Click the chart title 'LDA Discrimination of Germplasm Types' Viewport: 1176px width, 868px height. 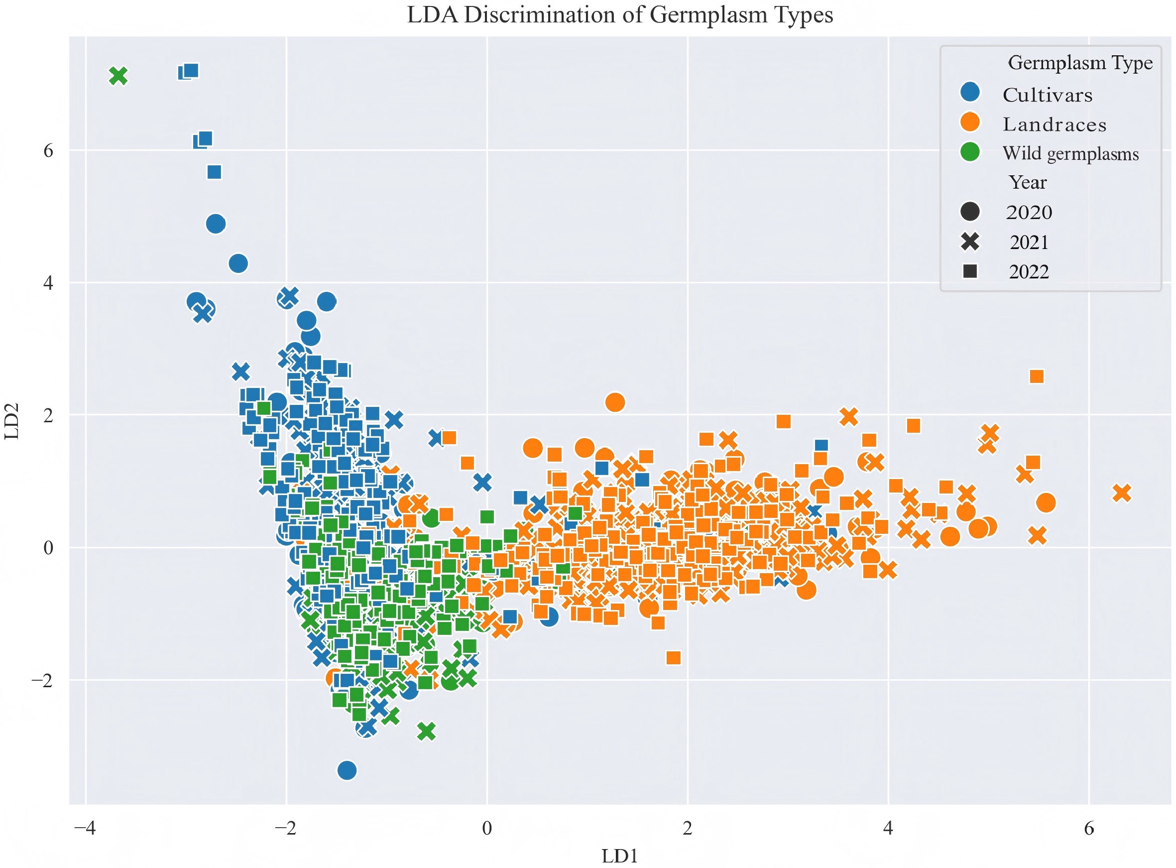pyautogui.click(x=620, y=15)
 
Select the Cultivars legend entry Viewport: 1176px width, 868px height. pyautogui.click(x=1047, y=95)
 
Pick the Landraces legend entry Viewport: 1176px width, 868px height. pyautogui.click(x=1054, y=124)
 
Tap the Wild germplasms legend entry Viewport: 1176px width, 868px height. pyautogui.click(x=1070, y=153)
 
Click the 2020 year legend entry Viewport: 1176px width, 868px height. pyautogui.click(x=1029, y=212)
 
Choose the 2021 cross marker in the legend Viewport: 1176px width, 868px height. pyautogui.click(x=970, y=242)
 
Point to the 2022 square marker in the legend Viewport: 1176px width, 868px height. pyautogui.click(x=970, y=271)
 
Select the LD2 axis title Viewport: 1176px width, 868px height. pyautogui.click(x=11, y=421)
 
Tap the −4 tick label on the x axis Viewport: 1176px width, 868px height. pyautogui.click(x=85, y=829)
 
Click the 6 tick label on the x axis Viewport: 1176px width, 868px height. pyautogui.click(x=1089, y=829)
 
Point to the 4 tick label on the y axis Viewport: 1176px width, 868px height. pyautogui.click(x=48, y=283)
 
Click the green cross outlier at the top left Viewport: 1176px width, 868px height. pyautogui.click(x=118, y=76)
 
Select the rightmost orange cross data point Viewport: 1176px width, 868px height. pyautogui.click(x=1121, y=493)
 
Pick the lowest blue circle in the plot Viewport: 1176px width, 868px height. pyautogui.click(x=347, y=770)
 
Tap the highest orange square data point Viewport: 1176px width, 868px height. pyautogui.click(x=1036, y=376)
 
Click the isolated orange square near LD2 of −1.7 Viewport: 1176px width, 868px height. pyautogui.click(x=673, y=658)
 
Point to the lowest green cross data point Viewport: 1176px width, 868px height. pyautogui.click(x=426, y=731)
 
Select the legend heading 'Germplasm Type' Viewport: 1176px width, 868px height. pyautogui.click(x=1080, y=63)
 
